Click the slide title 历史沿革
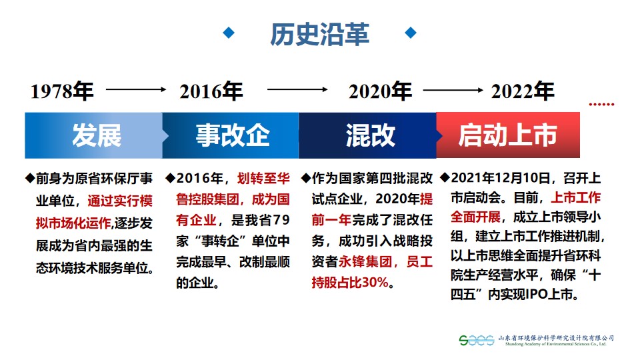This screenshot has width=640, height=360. click(319, 34)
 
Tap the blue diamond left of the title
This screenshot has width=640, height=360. click(229, 33)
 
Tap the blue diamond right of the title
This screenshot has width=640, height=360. click(411, 33)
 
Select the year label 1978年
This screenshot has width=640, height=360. click(62, 91)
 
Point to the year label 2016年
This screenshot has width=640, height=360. click(211, 91)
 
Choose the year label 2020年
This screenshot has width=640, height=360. click(380, 91)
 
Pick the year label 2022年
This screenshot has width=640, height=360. click(523, 91)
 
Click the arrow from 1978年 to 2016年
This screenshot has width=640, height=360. click(136, 89)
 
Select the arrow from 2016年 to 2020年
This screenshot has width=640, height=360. click(297, 89)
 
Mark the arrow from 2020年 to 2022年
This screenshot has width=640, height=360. click(453, 90)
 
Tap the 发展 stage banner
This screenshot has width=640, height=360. click(94, 135)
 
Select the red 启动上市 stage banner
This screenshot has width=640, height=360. click(508, 135)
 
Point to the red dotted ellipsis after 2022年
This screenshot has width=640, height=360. click(601, 105)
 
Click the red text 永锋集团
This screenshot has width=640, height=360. click(365, 261)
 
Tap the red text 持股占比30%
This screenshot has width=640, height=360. click(350, 282)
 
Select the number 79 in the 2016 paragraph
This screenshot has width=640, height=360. click(281, 220)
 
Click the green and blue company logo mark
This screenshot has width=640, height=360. click(476, 340)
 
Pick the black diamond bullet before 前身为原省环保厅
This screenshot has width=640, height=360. click(30, 178)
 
